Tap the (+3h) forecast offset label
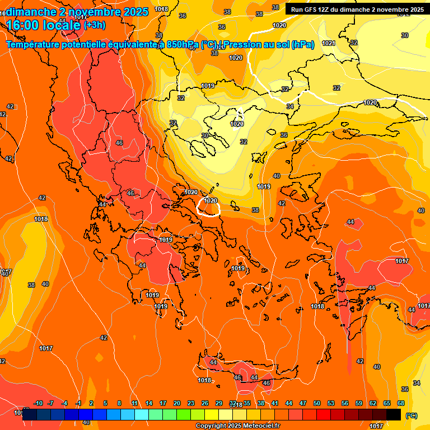[x=94, y=25]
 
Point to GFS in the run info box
[x=309, y=10]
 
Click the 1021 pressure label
[x=329, y=43]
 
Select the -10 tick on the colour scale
[x=38, y=404]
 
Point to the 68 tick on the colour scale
[x=401, y=404]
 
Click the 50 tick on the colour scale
[x=317, y=404]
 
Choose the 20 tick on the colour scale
[x=177, y=404]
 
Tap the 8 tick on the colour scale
[x=119, y=404]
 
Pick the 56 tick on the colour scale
[x=345, y=404]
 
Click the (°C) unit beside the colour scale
[x=411, y=415]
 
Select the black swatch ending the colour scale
[x=394, y=414]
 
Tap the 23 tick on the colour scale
[x=191, y=404]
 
